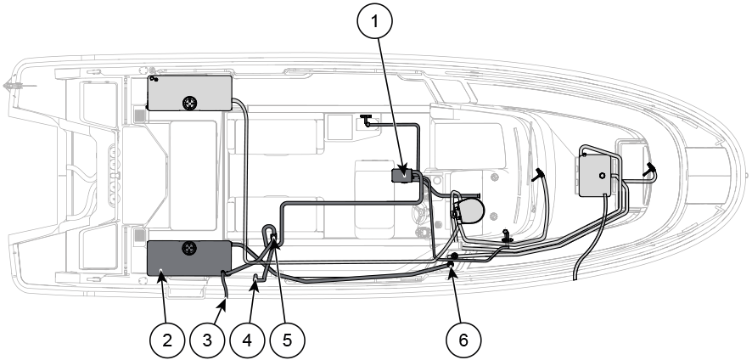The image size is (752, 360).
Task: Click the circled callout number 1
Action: point(374,21)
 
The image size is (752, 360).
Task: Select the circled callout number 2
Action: point(167,340)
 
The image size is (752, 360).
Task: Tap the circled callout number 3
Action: point(207,340)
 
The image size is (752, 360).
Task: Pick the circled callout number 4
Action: point(247,340)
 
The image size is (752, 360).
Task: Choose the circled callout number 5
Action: point(287,340)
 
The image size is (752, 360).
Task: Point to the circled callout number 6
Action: point(463,340)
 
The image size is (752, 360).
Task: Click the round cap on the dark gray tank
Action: point(189,248)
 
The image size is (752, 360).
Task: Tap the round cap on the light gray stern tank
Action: point(190,102)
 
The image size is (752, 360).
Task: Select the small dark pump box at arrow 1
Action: point(401,175)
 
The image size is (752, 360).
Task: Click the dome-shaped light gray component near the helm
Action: point(469,211)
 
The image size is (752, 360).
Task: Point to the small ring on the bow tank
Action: point(602,176)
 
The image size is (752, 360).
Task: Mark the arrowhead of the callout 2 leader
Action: point(161,274)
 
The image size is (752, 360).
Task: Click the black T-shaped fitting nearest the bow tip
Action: point(650,168)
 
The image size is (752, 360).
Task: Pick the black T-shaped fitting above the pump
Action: point(366,120)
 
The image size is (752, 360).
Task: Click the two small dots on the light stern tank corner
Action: point(153,78)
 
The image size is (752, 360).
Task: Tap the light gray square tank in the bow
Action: point(595,176)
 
